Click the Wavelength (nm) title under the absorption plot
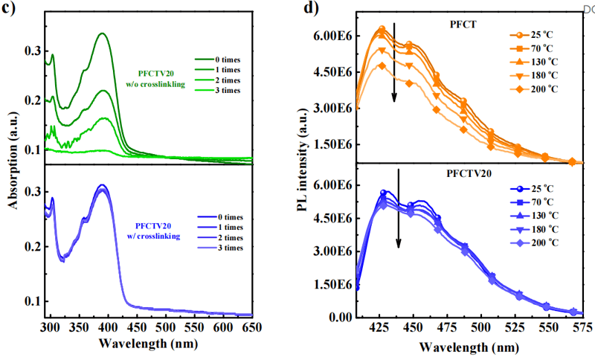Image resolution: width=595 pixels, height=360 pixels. (x=152, y=345)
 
